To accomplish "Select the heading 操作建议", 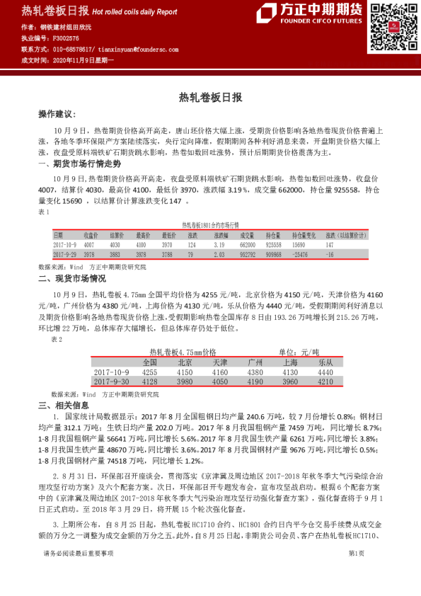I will click(x=56, y=114).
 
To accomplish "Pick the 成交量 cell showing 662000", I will click(x=247, y=244).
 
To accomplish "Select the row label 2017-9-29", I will click(x=66, y=253).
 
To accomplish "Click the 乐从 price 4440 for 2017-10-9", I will click(x=325, y=372).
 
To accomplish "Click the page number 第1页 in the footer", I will click(x=356, y=572).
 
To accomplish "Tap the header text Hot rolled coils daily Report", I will click(x=134, y=12).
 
